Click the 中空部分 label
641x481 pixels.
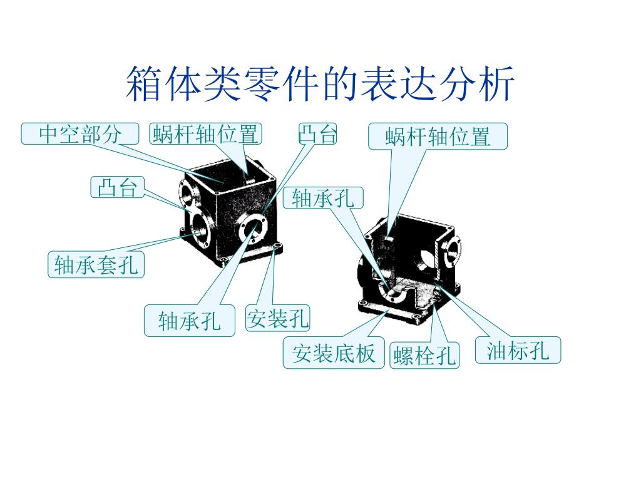79,133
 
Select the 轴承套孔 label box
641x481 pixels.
96,264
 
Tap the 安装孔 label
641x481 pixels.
278,319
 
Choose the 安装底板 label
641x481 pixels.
334,354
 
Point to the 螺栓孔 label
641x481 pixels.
424,356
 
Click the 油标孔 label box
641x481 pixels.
518,351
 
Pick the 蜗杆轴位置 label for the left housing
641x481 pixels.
205,133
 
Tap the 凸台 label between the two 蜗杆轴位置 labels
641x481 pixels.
317,133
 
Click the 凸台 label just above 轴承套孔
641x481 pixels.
117,187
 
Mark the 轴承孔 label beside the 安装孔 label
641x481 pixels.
190,321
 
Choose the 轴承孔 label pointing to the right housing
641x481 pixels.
323,198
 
